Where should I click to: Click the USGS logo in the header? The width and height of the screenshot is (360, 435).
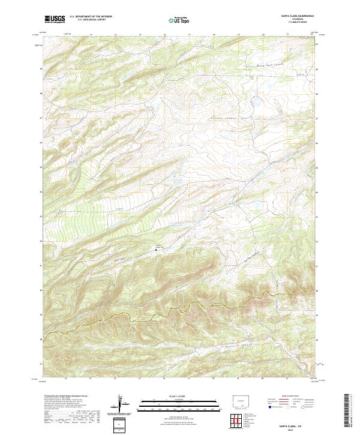[x=55, y=19]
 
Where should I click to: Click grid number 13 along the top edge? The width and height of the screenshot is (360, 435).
[x=91, y=35]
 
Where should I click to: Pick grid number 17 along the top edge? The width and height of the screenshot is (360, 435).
[x=190, y=35]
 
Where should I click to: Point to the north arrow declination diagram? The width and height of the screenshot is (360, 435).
[x=121, y=404]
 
